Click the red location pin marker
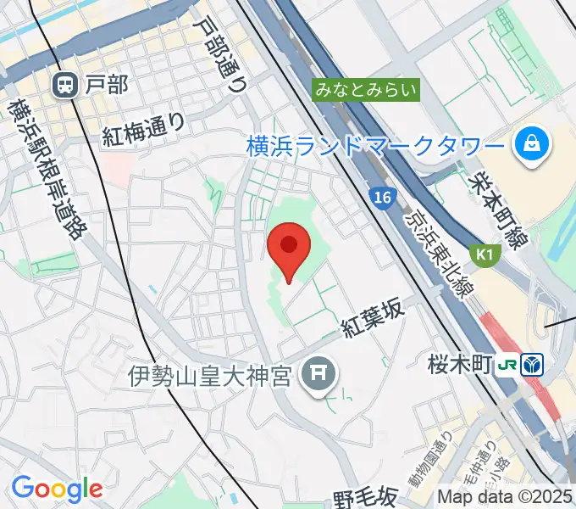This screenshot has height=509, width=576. (x=288, y=249)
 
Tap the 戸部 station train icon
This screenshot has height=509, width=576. (x=64, y=84)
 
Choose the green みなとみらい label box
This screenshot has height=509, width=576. (x=366, y=89)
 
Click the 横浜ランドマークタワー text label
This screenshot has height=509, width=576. (x=375, y=146)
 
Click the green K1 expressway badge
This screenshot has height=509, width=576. (x=484, y=254)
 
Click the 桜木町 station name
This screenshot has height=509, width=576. (x=461, y=366)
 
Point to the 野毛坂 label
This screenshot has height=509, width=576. (x=365, y=495)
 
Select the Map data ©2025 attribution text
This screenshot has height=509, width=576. (x=505, y=497)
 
